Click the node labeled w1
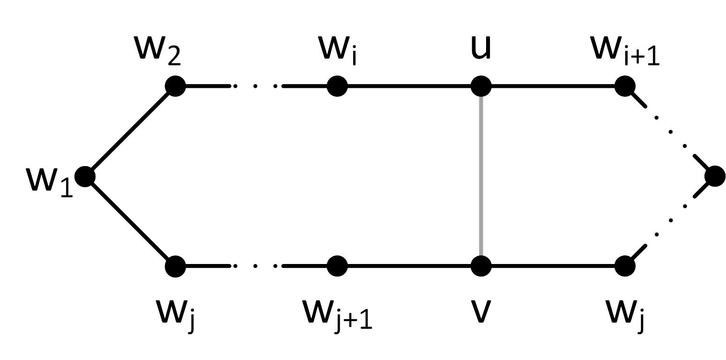85,176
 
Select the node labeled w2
175,86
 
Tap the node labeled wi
337,86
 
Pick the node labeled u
481,86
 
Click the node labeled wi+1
625,86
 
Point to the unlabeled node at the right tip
715,176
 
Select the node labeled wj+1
337,265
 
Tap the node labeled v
481,265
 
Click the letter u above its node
481,48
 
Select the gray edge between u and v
481,176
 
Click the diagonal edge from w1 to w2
130,131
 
